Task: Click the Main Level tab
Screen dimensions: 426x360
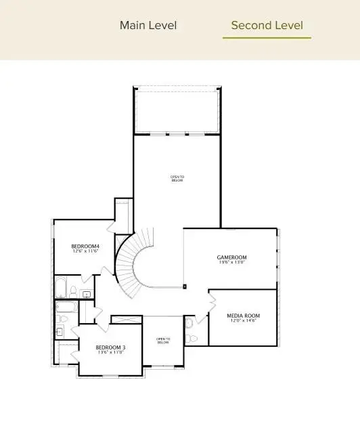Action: click(148, 25)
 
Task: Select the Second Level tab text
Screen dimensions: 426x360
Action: click(267, 25)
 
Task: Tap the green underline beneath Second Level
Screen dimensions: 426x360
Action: click(267, 37)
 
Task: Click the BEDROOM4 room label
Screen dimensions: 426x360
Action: click(86, 246)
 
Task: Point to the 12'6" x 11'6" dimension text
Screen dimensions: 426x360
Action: click(86, 251)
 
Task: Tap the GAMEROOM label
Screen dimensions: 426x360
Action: click(231, 257)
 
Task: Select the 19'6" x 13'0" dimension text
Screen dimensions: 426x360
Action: click(231, 263)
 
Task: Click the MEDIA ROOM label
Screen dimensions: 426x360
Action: click(243, 316)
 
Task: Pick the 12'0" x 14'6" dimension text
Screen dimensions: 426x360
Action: click(243, 321)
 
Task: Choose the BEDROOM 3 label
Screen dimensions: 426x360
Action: click(110, 347)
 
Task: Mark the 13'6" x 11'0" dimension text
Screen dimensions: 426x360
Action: click(110, 353)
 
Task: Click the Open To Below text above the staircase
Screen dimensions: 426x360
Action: click(177, 179)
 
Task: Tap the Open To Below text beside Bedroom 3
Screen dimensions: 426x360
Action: click(163, 341)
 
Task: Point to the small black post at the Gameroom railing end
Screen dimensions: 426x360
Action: click(185, 286)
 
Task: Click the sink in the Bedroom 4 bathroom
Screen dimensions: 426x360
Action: click(86, 295)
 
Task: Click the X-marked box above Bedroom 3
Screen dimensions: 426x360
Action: click(127, 319)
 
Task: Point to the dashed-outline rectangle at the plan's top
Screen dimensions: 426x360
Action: click(177, 110)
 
